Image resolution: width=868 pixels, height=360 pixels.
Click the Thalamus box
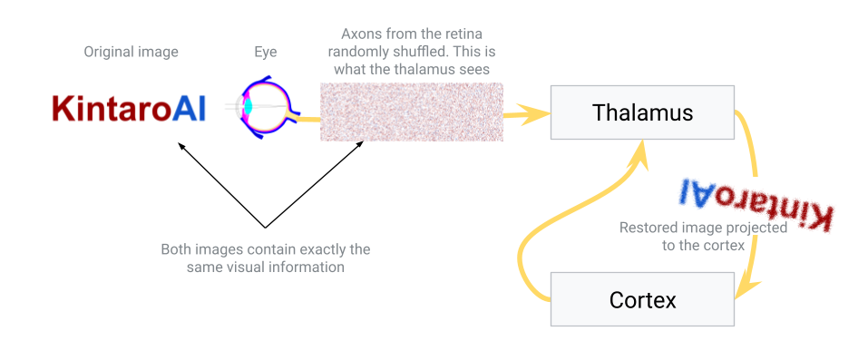click(x=642, y=112)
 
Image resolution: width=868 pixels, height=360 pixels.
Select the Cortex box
click(x=642, y=299)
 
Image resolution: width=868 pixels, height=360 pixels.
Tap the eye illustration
click(x=262, y=109)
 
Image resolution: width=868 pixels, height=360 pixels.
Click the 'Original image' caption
click(x=132, y=52)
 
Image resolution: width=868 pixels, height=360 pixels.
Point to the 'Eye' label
click(x=266, y=52)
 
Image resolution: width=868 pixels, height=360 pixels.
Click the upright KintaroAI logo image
click(x=131, y=108)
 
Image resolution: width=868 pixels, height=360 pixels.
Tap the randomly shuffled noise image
click(x=412, y=112)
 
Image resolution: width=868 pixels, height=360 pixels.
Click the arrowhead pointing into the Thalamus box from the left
click(x=541, y=113)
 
